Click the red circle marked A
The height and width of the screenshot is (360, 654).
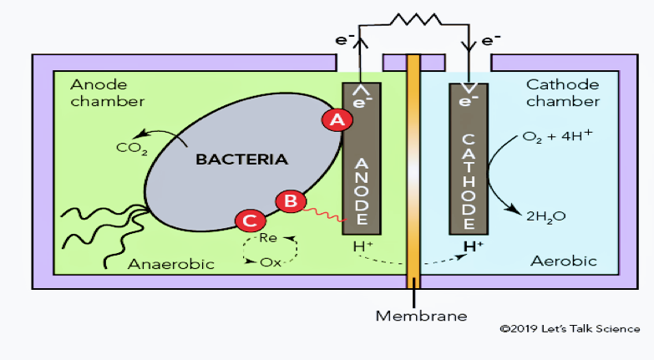[337, 119]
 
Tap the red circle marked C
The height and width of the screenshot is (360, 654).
[250, 221]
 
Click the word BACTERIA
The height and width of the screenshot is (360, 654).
[240, 159]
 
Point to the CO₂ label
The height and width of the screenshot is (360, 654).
[132, 150]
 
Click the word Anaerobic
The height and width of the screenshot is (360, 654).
[171, 264]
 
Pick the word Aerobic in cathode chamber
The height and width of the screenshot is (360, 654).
[564, 261]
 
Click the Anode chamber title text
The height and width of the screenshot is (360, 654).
[108, 93]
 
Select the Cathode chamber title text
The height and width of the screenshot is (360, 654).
[562, 93]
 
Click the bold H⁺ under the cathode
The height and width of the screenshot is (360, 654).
[473, 246]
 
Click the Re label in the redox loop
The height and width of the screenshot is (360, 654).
[268, 238]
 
